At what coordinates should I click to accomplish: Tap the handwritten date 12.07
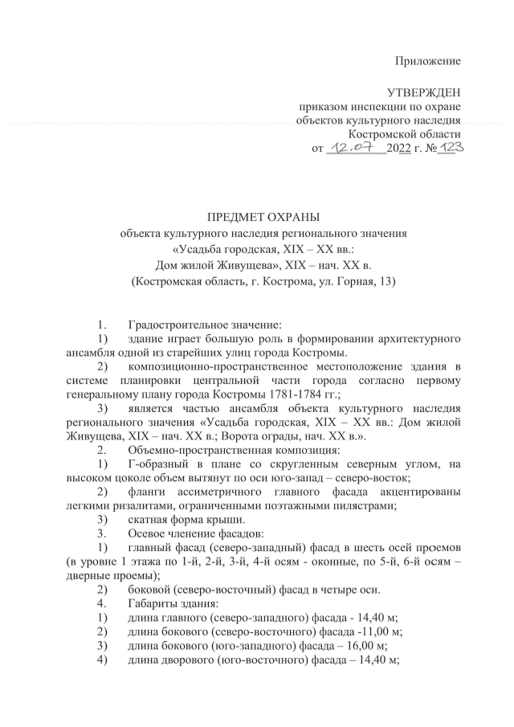353,148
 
